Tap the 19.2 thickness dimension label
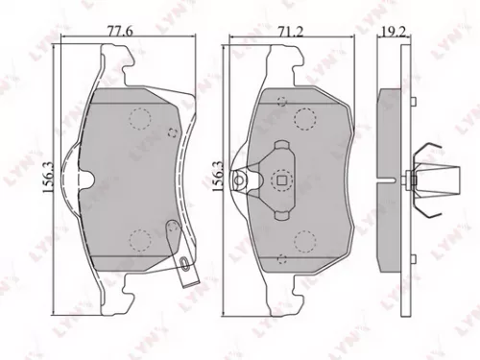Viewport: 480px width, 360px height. [389, 31]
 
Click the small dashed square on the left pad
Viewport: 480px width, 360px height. [171, 133]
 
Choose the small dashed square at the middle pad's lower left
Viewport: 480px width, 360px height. [277, 260]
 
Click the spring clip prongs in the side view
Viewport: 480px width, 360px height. [435, 179]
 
